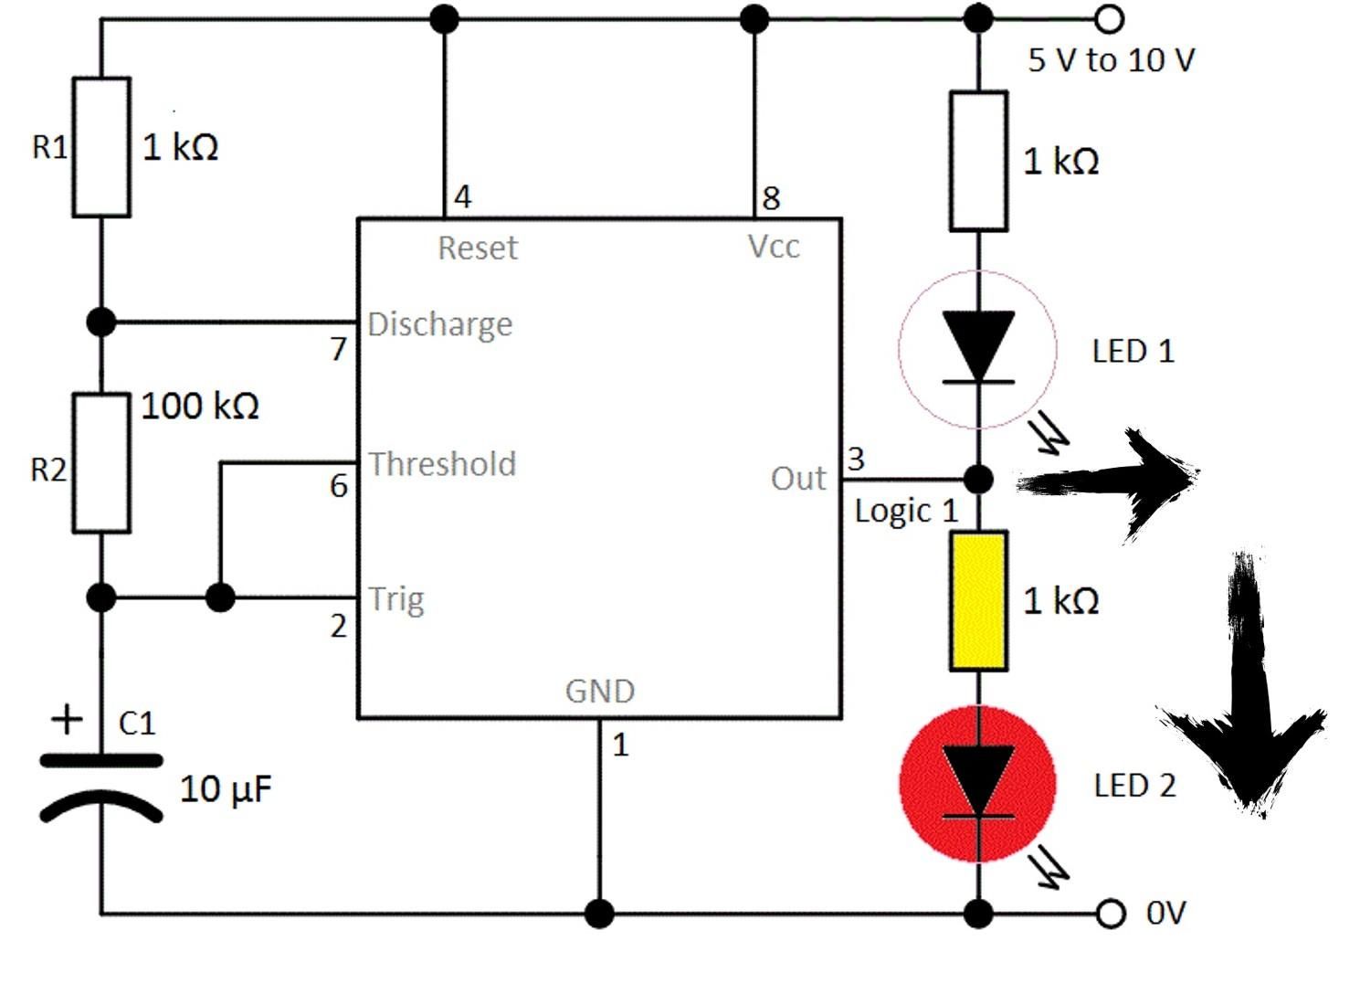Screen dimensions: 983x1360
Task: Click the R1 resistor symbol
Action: coord(101,147)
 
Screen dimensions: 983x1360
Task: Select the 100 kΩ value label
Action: coord(200,406)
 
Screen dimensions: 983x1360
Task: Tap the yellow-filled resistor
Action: coord(978,601)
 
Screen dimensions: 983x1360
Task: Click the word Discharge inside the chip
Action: coord(439,324)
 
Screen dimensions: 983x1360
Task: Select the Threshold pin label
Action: coord(442,464)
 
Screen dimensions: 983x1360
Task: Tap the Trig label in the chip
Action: coord(396,600)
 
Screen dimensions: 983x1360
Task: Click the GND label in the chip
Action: coord(599,691)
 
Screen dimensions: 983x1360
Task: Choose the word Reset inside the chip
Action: coord(477,248)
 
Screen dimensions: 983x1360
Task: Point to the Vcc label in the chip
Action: coord(774,247)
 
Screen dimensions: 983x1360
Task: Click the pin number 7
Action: coord(338,349)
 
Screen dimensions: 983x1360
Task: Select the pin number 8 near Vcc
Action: coord(771,198)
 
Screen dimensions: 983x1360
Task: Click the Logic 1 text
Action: coord(905,512)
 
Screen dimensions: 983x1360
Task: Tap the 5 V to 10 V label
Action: coord(1111,60)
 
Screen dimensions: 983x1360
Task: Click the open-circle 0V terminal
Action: coord(1110,913)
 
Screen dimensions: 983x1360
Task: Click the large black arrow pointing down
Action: coord(1244,694)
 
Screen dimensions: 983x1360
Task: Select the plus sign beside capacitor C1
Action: coord(67,720)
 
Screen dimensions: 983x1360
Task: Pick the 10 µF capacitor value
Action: coord(226,789)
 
